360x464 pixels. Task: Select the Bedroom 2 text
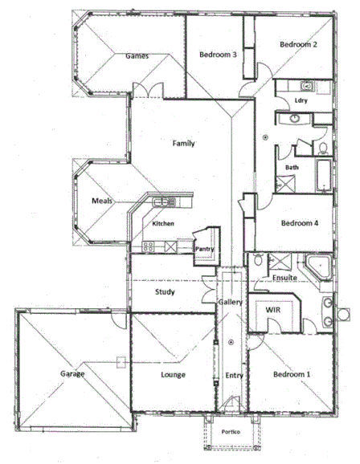tap(298, 45)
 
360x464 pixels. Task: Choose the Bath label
tap(292, 167)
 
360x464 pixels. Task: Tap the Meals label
tap(101, 201)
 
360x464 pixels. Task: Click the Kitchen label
tap(164, 224)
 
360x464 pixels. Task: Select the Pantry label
tap(204, 250)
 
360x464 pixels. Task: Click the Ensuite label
tap(285, 279)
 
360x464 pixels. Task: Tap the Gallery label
tap(231, 302)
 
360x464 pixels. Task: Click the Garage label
tap(73, 373)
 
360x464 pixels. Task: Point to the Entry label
tap(234, 375)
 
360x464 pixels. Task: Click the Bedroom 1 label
tap(290, 375)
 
